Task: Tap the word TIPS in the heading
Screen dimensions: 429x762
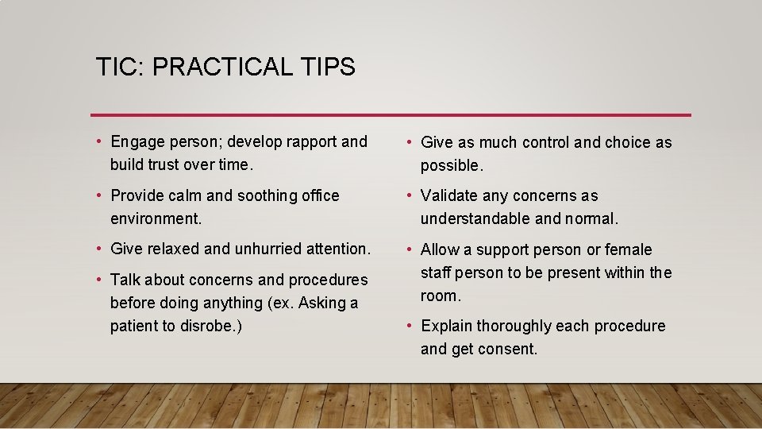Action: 329,67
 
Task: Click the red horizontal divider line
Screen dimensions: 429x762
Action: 391,114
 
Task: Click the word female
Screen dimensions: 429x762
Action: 628,249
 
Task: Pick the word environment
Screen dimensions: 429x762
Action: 156,218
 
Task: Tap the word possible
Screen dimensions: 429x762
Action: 450,166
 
